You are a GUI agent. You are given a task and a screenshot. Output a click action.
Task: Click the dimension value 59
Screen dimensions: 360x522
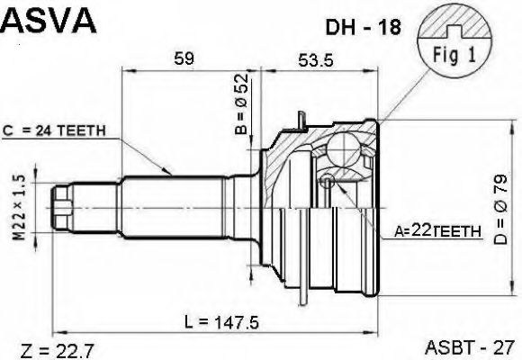184,59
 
